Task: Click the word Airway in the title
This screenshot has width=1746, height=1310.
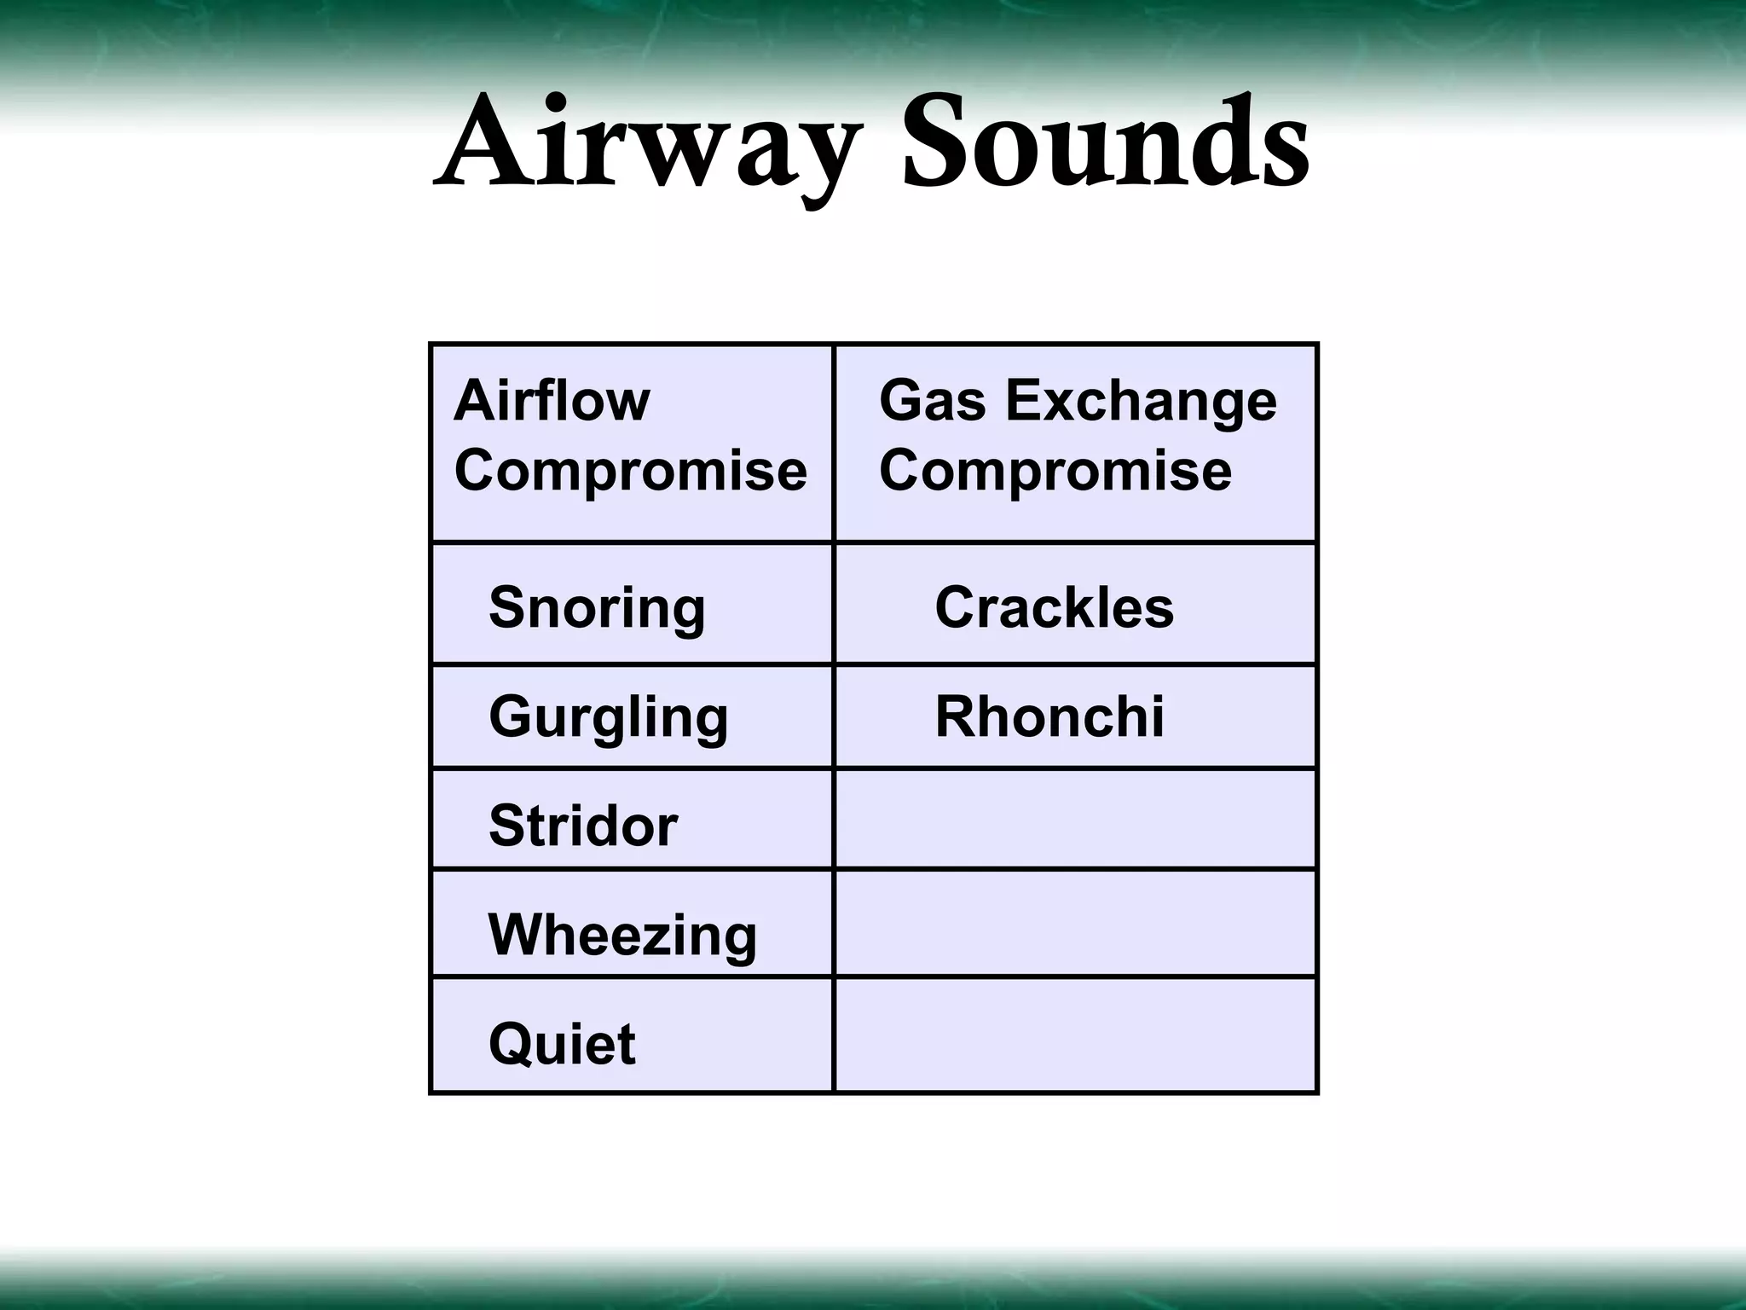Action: click(644, 145)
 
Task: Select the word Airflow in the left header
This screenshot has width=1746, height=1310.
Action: click(552, 401)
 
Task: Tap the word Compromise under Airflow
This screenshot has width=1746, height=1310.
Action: click(630, 471)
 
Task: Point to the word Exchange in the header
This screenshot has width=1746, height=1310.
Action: click(1142, 403)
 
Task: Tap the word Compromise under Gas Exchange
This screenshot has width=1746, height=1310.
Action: click(1055, 471)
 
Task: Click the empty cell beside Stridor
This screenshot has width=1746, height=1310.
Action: click(1075, 820)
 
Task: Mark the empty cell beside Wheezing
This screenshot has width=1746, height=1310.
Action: click(1075, 924)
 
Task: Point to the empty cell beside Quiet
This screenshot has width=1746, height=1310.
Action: click(1075, 1035)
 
